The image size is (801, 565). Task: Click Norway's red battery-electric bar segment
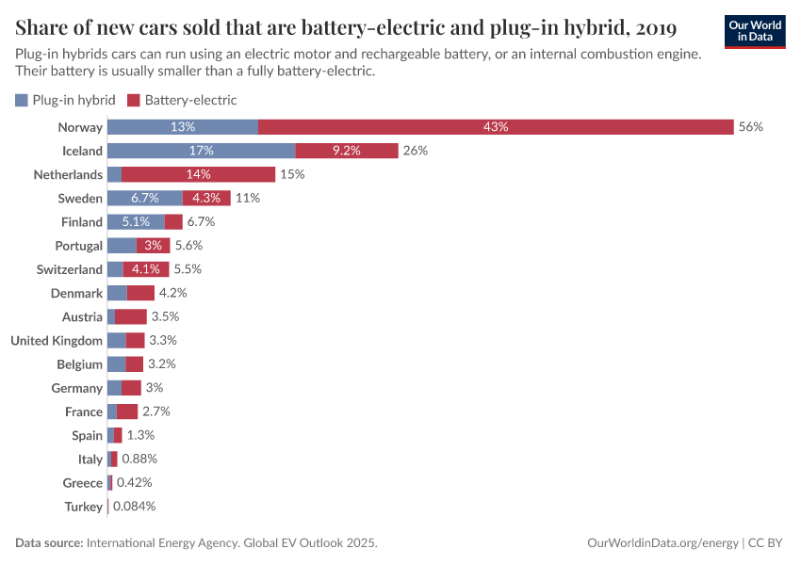496,127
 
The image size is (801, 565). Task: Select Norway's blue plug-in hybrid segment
183,127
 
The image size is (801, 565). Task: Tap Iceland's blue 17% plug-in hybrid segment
202,151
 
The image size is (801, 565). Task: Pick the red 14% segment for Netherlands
199,174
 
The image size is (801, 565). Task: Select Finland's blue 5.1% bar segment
136,222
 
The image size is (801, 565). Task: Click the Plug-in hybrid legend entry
65,100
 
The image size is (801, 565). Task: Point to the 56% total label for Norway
751,127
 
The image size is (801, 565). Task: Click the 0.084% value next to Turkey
134,507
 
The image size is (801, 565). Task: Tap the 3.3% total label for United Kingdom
163,340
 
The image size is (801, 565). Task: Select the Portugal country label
78,246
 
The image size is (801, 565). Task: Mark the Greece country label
82,483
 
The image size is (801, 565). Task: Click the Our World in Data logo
755,30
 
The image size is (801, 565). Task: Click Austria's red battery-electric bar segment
131,316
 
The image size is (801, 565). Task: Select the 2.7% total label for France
155,412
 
